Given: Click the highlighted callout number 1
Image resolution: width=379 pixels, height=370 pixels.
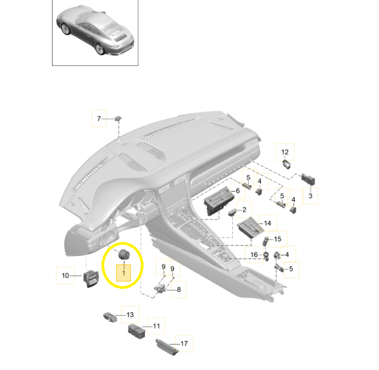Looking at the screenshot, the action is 124,273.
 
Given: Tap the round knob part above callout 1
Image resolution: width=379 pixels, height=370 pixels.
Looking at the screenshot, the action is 124,255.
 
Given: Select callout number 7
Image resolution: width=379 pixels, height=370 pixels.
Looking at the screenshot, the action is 99,118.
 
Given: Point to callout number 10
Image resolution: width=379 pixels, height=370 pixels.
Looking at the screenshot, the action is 66,275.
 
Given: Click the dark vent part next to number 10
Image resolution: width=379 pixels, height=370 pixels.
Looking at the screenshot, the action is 90,278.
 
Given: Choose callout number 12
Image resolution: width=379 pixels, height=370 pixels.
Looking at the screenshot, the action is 285,152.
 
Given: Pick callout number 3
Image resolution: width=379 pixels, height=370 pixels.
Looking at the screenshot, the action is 311,196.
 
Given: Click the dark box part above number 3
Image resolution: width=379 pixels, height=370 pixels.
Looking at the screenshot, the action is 308,180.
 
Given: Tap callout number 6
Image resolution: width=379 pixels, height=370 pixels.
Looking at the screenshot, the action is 238,191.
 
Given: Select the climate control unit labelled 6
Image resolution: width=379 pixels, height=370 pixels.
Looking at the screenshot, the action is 218,201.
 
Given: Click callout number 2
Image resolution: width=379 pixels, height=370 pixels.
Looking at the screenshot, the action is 244,210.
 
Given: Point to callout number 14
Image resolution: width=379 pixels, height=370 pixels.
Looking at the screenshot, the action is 267,223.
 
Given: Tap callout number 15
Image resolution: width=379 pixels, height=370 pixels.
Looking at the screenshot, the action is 277,239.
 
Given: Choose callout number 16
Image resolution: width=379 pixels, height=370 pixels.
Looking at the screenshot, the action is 254,255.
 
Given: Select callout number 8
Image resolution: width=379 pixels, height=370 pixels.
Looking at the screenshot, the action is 179,289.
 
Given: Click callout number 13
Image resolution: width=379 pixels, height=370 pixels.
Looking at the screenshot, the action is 130,314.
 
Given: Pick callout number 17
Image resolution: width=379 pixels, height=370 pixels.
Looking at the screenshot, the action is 184,343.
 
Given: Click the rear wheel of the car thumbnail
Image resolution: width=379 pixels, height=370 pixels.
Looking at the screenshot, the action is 100,49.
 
